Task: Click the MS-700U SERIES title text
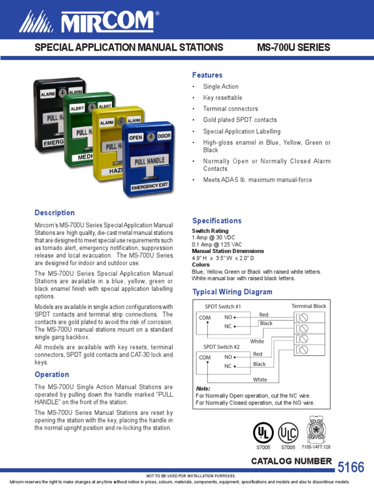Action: (x=293, y=47)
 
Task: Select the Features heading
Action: (x=207, y=75)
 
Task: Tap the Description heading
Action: (x=55, y=212)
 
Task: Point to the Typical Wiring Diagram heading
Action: (x=232, y=292)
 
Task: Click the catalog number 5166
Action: (x=351, y=467)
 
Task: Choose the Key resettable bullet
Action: (x=223, y=97)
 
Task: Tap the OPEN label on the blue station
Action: (x=135, y=137)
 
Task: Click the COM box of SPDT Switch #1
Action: (x=205, y=318)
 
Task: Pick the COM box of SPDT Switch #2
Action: (x=205, y=357)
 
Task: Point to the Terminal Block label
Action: (x=309, y=306)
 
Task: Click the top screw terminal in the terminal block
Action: (x=302, y=317)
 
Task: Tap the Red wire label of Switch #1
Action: (x=264, y=315)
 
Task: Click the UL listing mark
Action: (x=263, y=432)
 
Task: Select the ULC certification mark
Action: (x=288, y=432)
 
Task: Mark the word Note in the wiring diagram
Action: (x=203, y=389)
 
